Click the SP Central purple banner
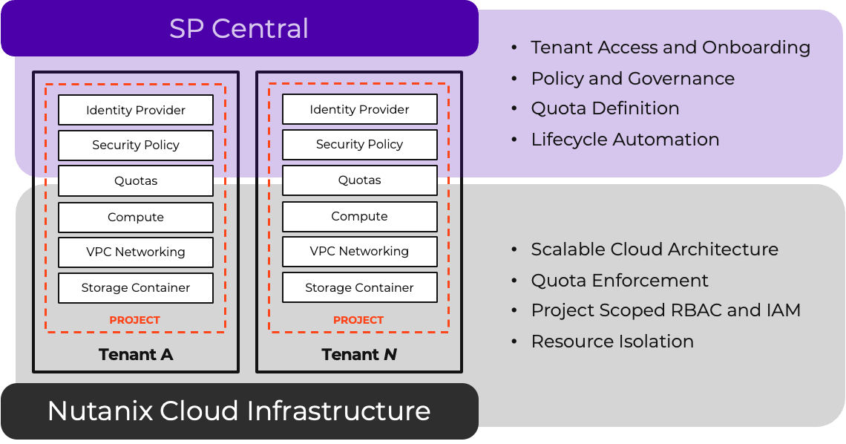239,29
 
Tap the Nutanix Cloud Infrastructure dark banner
239,411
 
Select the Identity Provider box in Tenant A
136,110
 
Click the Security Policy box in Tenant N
359,144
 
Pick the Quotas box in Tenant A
136,180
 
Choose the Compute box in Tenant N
359,216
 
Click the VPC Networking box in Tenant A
136,252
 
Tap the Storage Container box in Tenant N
359,287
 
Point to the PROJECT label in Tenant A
135,320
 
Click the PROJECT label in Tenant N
358,320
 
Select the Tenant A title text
136,355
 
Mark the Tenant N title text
359,355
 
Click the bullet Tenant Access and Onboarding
670,48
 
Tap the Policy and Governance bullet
632,79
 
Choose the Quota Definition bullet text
605,108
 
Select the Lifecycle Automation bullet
625,140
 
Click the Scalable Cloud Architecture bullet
655,249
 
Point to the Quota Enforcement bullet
620,281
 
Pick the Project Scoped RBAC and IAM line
666,310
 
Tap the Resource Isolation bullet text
612,342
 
